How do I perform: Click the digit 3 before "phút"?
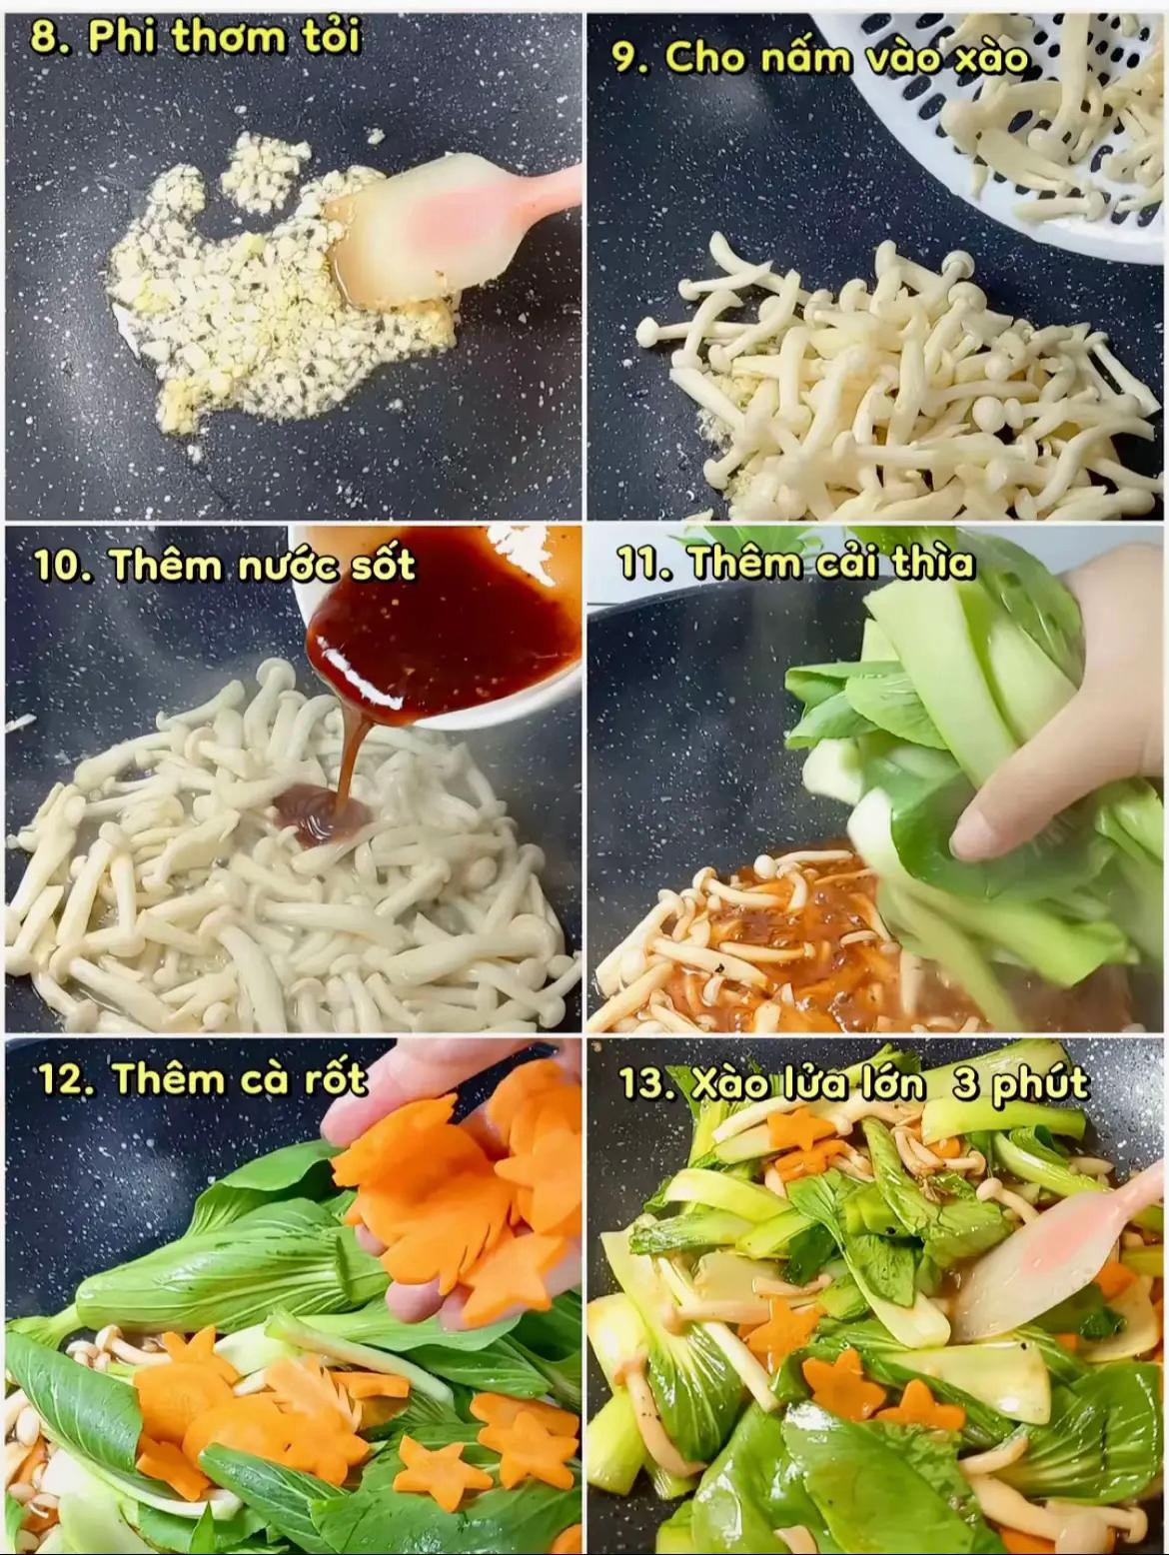coord(964,1084)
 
